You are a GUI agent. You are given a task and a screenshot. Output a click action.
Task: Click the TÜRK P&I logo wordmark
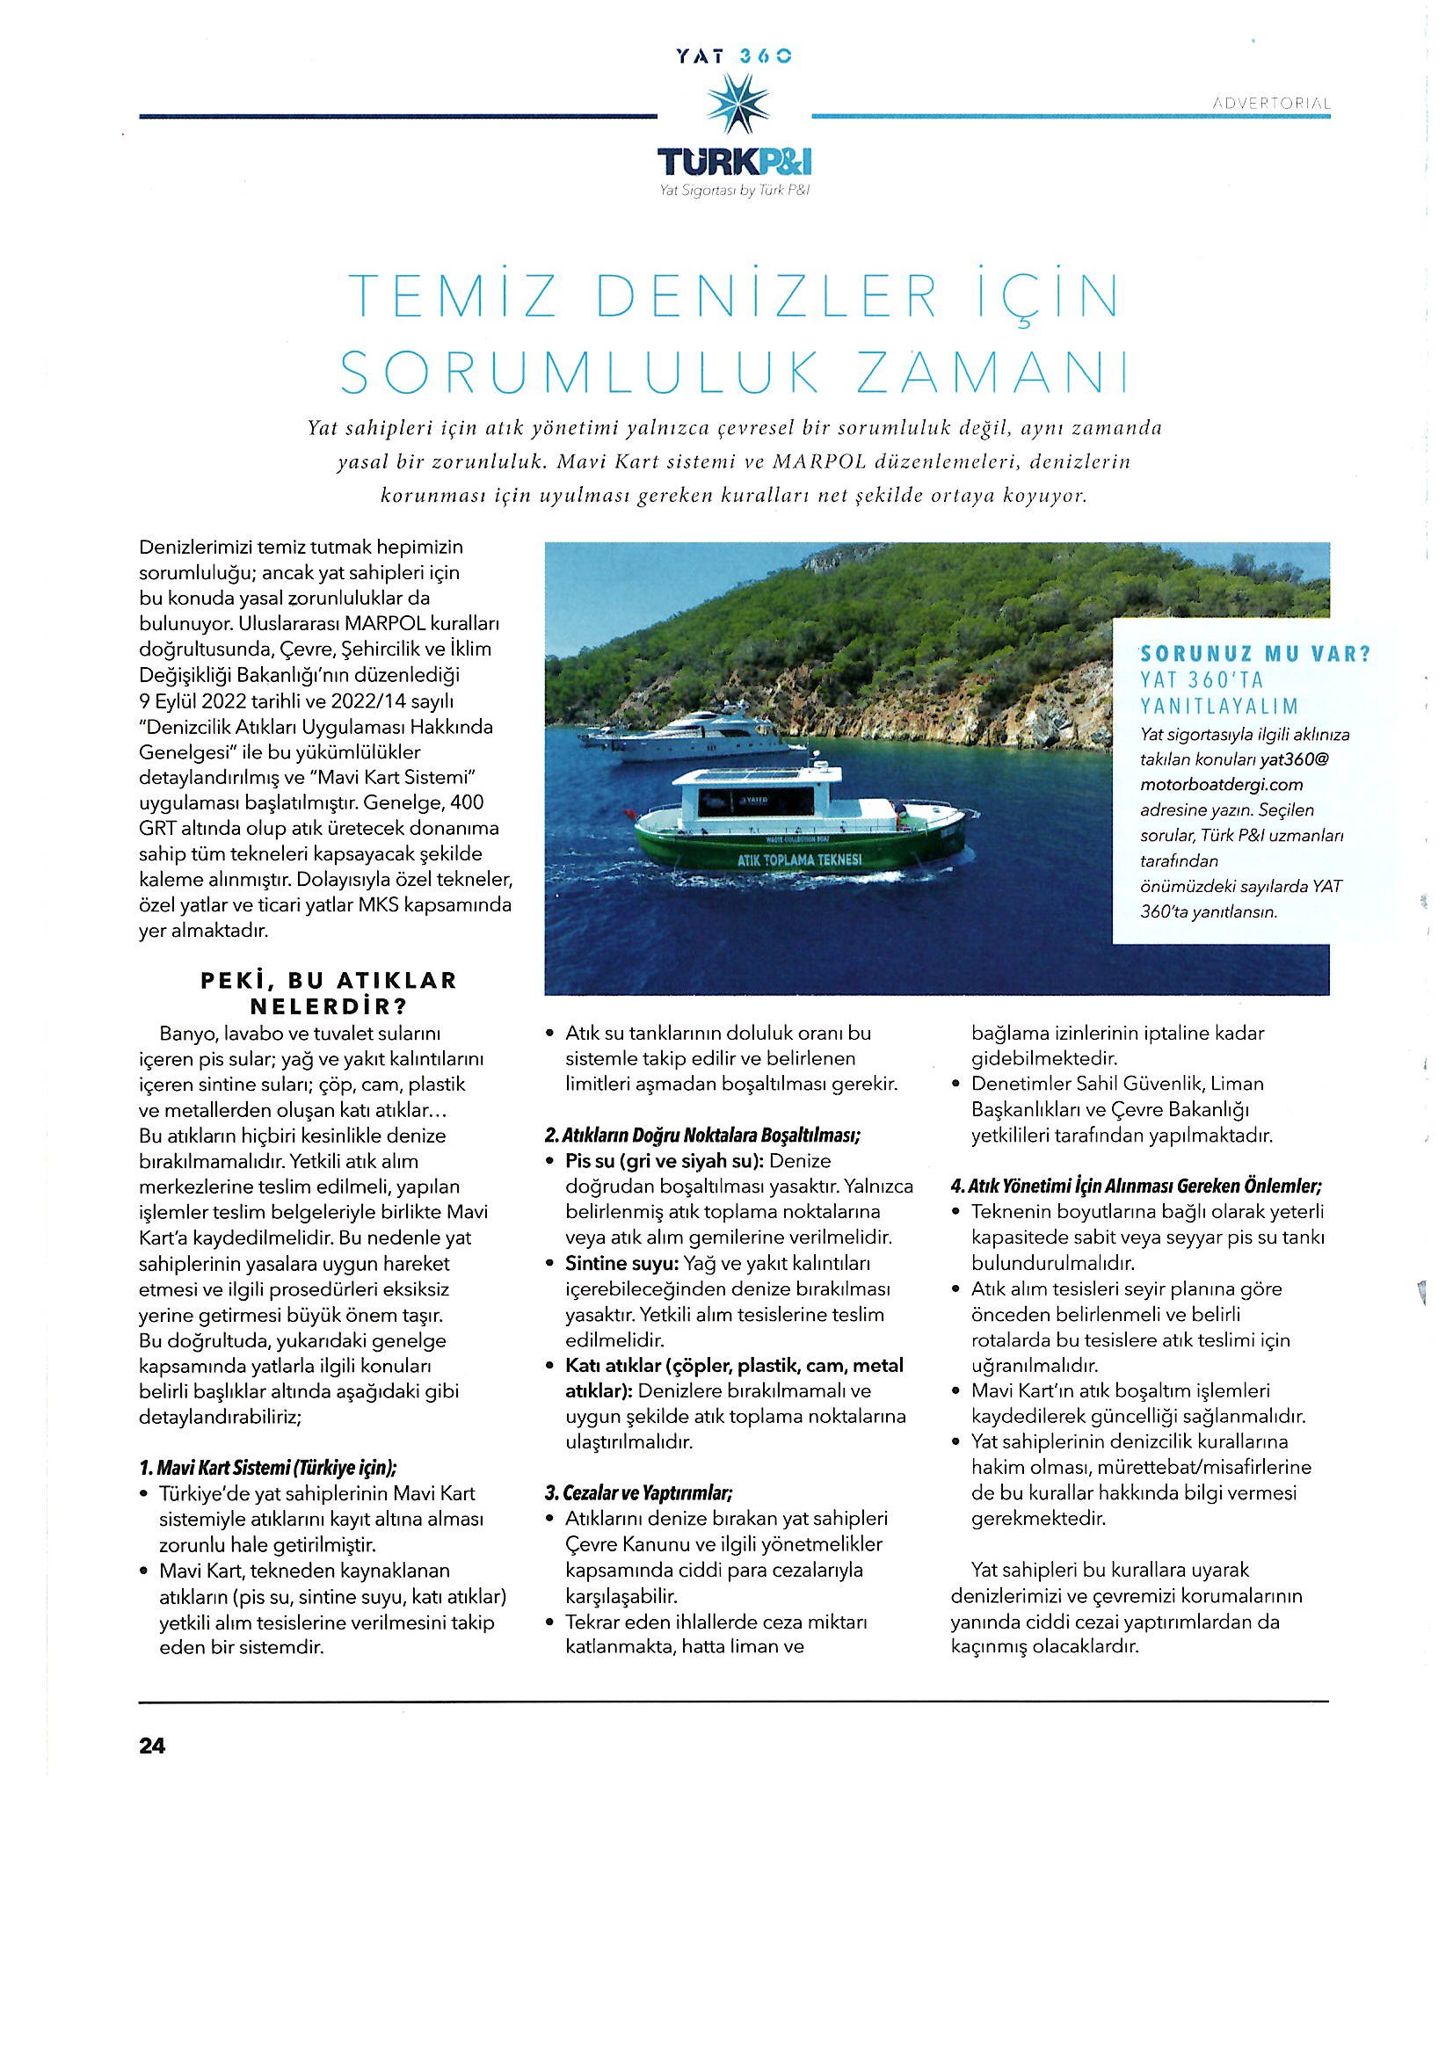click(x=735, y=162)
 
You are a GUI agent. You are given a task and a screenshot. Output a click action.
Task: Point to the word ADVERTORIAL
click(x=1271, y=104)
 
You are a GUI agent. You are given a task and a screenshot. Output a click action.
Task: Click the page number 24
click(x=152, y=1746)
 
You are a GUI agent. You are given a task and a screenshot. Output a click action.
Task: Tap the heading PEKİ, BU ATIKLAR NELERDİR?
click(x=329, y=992)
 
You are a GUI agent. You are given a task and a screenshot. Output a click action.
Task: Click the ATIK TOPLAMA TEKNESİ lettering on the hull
click(x=799, y=860)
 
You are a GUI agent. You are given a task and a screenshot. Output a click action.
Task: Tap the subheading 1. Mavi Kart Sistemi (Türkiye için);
click(x=268, y=1468)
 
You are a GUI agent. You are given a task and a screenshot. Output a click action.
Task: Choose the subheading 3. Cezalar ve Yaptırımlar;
click(x=639, y=1493)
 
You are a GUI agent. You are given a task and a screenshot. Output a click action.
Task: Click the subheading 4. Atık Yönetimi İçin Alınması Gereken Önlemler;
click(x=1137, y=1187)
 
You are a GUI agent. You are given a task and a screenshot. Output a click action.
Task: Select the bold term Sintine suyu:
click(x=621, y=1264)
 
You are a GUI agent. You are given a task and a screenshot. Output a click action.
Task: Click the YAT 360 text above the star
click(x=736, y=55)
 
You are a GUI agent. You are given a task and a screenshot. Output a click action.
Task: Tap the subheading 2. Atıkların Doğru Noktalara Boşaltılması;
click(x=702, y=1136)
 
